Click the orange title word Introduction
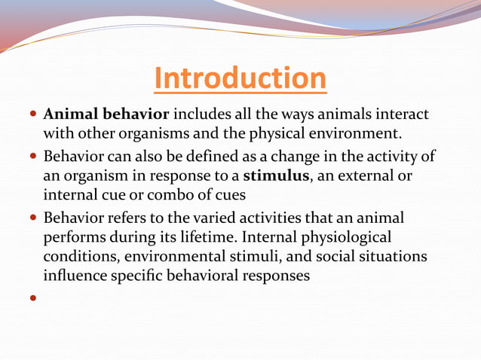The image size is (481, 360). pyautogui.click(x=240, y=78)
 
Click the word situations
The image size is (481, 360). pyautogui.click(x=391, y=258)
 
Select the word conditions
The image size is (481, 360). pyautogui.click(x=78, y=258)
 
